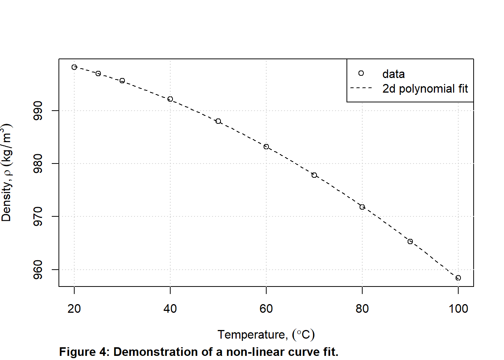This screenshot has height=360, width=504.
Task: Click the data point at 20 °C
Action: (74, 67)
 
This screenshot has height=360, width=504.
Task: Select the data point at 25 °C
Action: (98, 73)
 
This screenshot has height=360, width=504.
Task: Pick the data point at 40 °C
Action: (170, 99)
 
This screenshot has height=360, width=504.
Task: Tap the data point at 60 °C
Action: (266, 147)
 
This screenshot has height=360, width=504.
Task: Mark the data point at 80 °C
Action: (362, 207)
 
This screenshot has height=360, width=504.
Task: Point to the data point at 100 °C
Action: (458, 278)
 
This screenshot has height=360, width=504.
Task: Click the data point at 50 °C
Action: (218, 121)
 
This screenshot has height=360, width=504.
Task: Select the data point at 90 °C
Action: (410, 241)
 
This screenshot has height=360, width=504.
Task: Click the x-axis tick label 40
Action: (170, 309)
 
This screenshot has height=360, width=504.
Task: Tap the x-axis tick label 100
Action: (458, 309)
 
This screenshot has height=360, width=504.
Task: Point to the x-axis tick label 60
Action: (266, 309)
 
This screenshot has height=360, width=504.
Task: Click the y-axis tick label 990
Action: (38, 111)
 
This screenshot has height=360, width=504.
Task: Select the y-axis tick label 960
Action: (38, 270)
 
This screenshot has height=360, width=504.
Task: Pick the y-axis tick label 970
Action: (38, 217)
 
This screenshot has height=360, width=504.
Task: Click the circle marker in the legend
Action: (361, 73)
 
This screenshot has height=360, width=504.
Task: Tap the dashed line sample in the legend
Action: (361, 88)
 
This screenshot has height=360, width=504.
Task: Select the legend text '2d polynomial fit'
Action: (425, 89)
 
